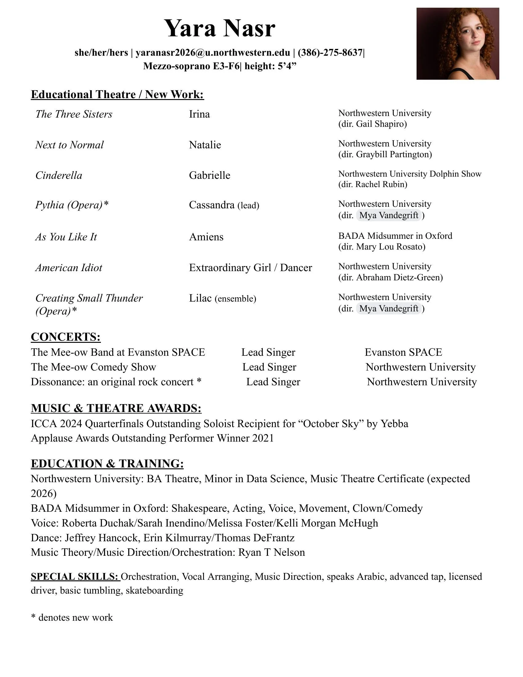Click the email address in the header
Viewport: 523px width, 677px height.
tap(213, 53)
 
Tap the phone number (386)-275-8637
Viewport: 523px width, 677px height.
tap(330, 53)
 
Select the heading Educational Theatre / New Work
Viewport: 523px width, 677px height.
tap(117, 94)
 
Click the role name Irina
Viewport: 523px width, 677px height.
tap(199, 114)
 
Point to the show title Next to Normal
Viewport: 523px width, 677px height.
tap(70, 145)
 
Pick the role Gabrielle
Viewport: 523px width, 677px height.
tap(210, 175)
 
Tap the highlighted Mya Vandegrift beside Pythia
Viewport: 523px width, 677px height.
tap(389, 215)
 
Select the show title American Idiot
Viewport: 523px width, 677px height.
tap(69, 267)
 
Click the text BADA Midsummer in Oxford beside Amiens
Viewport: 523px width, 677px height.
tap(395, 236)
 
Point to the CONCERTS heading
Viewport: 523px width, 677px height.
tap(66, 337)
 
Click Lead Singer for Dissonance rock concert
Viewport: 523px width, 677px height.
tap(273, 382)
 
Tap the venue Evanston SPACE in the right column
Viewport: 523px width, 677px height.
tap(403, 352)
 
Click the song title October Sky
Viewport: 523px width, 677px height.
tap(331, 423)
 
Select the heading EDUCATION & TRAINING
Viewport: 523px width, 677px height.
tap(107, 464)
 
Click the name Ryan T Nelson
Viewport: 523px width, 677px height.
tap(271, 552)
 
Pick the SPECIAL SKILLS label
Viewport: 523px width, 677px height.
tap(75, 577)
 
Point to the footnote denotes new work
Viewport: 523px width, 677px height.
tap(75, 618)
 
